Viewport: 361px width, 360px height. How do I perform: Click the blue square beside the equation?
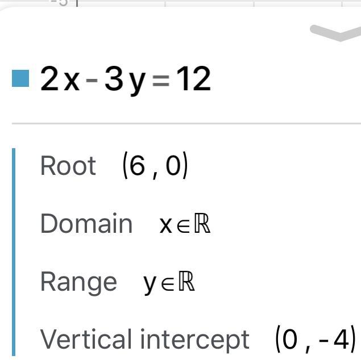pos(20,78)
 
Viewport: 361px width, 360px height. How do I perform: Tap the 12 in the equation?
pos(193,79)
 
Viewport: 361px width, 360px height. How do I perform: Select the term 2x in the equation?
pos(60,79)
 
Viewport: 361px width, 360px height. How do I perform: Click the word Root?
pos(68,166)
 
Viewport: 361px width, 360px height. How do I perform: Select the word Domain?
pos(86,224)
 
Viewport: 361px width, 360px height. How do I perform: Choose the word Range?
pos(78,282)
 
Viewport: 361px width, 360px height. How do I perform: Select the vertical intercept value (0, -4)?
pos(315,340)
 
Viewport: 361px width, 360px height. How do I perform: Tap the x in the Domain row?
pos(165,225)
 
